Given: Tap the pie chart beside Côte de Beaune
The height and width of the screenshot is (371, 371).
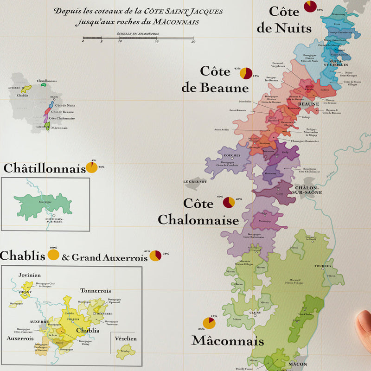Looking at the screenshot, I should [x=246, y=73].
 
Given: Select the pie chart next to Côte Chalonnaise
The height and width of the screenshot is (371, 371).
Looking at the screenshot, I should [x=229, y=203].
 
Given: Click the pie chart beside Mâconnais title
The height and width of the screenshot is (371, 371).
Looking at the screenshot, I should [x=209, y=323].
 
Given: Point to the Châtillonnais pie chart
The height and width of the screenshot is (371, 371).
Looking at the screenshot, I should [x=92, y=167].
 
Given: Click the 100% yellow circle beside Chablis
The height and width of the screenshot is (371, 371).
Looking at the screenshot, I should [x=53, y=255].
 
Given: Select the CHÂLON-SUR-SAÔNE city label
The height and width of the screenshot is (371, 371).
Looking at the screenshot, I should [x=308, y=190].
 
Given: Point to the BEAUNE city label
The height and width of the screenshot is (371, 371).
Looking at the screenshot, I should [x=308, y=104].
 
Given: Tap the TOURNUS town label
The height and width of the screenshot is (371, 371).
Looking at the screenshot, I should [x=323, y=266].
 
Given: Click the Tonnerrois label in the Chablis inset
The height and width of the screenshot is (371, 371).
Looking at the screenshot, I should [x=95, y=291].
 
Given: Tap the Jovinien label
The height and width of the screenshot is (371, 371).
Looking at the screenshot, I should [x=30, y=275].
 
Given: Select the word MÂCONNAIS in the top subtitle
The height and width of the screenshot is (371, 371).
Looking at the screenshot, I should [x=178, y=22].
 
